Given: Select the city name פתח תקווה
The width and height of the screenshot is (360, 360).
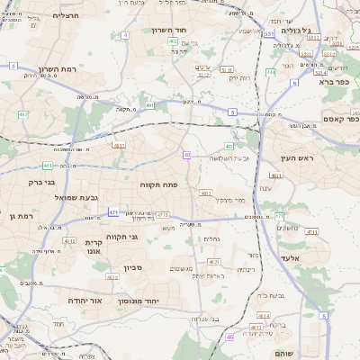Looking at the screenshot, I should tap(158, 184).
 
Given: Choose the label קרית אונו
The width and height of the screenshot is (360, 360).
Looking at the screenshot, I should tap(95, 247).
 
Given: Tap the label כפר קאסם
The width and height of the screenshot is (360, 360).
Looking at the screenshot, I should tap(340, 119).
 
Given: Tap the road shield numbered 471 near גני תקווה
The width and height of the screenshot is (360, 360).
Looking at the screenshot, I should tap(113, 212).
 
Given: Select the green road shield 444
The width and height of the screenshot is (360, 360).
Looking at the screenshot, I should tap(271, 72).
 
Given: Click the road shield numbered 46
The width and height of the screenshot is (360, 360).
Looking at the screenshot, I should tap(229, 337).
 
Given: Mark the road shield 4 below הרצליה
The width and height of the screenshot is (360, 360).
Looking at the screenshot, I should tap(125, 34).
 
